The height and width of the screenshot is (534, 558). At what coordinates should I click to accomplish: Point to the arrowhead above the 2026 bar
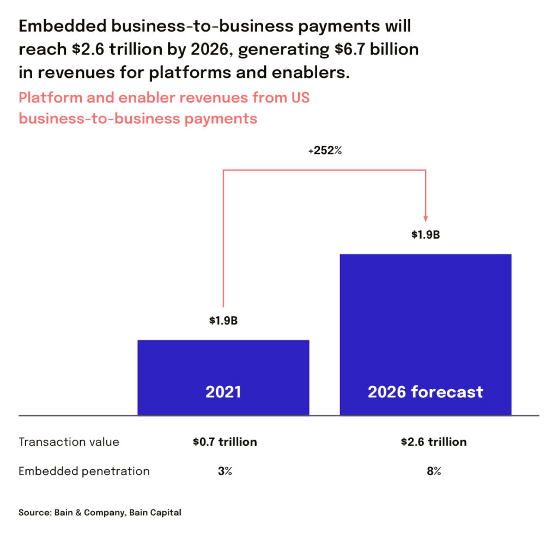click(x=426, y=216)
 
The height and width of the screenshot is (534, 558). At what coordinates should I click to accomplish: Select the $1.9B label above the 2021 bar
click(x=223, y=320)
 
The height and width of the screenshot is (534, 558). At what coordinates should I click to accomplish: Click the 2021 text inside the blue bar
click(x=223, y=392)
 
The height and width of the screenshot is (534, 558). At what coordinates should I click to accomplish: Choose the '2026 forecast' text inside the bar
click(x=426, y=392)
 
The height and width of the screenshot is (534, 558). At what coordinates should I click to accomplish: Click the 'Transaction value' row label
click(x=69, y=441)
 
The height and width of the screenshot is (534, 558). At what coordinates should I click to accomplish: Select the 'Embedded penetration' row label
click(x=84, y=471)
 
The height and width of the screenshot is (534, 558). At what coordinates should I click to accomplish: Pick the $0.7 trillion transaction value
click(x=225, y=441)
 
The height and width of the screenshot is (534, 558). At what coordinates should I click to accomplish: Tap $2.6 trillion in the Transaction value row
click(x=434, y=441)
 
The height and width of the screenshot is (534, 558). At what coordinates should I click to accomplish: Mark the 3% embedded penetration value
click(x=225, y=471)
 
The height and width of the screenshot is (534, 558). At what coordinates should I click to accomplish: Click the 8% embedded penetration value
click(x=434, y=471)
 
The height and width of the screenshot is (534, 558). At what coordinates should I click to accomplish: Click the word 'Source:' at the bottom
click(x=35, y=512)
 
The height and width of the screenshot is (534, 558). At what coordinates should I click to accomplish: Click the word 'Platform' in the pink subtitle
click(x=48, y=98)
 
